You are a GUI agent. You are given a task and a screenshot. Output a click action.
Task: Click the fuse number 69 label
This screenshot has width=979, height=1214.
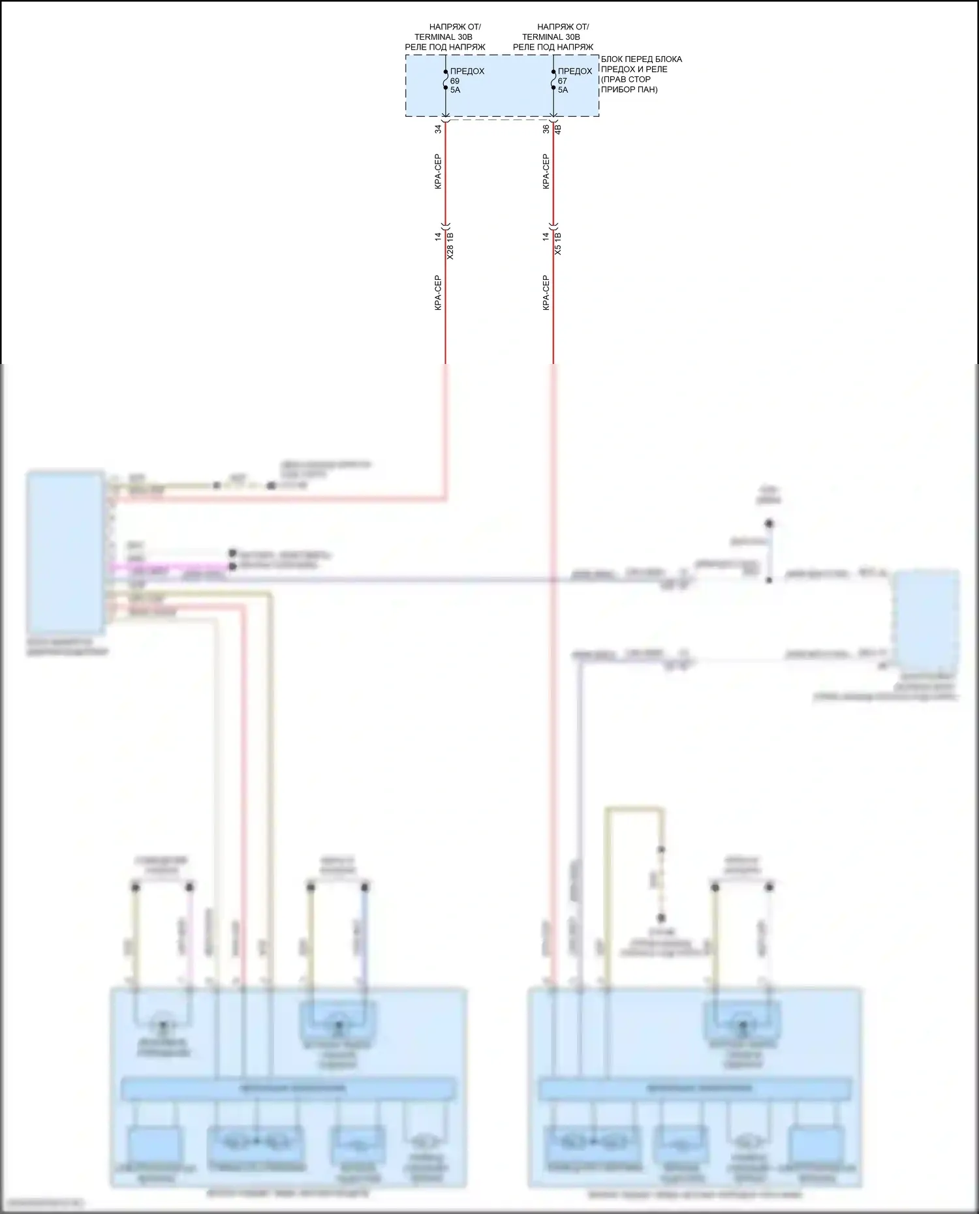[455, 81]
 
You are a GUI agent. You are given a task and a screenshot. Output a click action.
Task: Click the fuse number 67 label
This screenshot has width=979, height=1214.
[563, 81]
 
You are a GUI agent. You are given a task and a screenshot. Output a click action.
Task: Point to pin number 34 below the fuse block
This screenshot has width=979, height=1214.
[439, 129]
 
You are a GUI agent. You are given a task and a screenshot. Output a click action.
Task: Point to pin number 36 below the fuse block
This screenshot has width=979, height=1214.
[546, 129]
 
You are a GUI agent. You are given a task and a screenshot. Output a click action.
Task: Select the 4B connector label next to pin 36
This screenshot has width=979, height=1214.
[558, 129]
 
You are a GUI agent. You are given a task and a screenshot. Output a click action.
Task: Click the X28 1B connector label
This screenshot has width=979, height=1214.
[450, 245]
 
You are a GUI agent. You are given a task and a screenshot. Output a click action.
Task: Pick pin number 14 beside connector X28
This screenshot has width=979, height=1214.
[439, 236]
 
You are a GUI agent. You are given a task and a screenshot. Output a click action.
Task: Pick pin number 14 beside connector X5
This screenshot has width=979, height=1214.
[546, 236]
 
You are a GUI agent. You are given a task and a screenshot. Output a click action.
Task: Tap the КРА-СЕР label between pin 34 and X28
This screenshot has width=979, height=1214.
[439, 172]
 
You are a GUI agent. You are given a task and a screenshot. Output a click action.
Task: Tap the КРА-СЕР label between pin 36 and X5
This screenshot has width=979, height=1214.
[546, 172]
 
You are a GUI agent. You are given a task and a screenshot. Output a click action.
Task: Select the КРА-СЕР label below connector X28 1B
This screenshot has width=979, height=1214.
[439, 292]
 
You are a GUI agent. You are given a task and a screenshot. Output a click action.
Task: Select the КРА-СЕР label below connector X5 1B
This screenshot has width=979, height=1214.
[546, 292]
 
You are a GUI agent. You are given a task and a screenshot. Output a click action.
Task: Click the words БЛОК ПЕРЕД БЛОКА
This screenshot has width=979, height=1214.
[642, 59]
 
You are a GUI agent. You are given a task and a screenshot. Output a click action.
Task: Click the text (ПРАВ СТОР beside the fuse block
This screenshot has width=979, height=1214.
[625, 80]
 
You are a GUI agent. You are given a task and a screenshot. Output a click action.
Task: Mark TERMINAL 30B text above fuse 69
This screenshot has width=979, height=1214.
[443, 37]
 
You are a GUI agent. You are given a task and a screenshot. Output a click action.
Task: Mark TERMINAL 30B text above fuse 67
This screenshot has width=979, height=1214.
[551, 37]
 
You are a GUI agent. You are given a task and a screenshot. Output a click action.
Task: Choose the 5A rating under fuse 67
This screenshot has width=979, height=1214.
[563, 90]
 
